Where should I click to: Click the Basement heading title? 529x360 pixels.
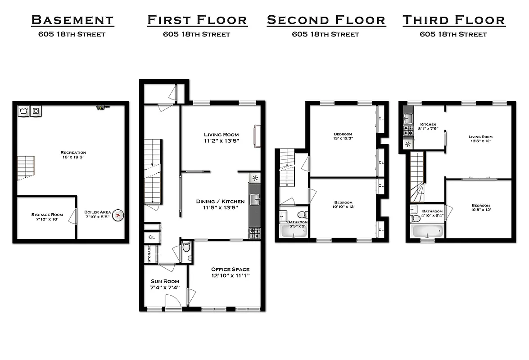[x=72, y=20]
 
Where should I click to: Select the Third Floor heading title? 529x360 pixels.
[x=453, y=20]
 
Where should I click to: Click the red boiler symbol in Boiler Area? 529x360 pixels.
[x=118, y=216]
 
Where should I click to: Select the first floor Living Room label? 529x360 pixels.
[x=221, y=137]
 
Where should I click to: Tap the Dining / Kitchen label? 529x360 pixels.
[x=220, y=204]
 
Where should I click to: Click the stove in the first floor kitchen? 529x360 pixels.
[x=255, y=233]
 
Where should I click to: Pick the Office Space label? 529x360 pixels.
[x=231, y=272]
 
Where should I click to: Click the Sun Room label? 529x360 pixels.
[x=165, y=284]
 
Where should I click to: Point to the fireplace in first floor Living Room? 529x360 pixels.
[x=257, y=136]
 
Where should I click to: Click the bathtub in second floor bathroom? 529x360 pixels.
[x=294, y=231]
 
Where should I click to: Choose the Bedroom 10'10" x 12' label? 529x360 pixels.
[x=343, y=205]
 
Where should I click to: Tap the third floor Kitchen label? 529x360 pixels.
[x=428, y=126]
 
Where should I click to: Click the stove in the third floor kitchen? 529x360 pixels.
[x=408, y=131]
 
